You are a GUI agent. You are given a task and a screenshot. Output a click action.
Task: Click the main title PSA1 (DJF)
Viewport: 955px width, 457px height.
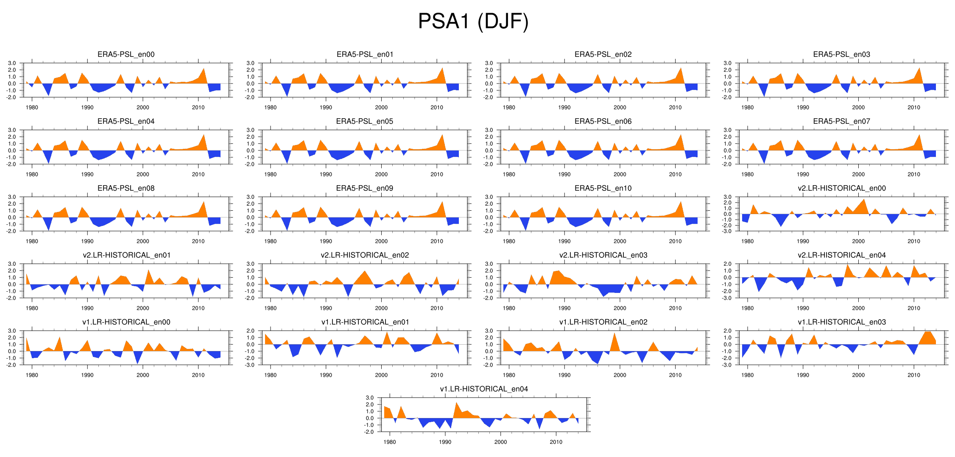[473, 21]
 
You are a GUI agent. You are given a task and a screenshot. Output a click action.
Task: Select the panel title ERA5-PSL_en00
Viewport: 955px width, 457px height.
[126, 54]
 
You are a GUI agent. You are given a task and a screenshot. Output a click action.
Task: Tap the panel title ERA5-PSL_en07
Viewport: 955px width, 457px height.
[841, 121]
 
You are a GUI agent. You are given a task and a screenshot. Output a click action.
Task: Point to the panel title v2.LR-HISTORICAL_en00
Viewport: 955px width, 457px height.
[841, 188]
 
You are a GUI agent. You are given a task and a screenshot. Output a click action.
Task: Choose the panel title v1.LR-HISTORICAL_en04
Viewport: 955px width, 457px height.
[484, 389]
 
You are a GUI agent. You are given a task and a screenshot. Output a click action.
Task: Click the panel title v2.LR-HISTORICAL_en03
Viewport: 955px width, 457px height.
[603, 255]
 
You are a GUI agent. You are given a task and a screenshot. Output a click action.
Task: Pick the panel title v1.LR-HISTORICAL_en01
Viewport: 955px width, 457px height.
[365, 322]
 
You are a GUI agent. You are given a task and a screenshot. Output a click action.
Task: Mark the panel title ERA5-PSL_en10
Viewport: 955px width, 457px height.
[603, 188]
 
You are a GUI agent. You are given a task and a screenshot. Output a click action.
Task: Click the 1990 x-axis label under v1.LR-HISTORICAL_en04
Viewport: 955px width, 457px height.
[445, 442]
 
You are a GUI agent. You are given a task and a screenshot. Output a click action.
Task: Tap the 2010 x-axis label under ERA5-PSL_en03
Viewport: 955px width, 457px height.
[913, 107]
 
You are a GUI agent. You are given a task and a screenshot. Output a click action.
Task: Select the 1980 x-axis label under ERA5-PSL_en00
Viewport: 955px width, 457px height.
[32, 107]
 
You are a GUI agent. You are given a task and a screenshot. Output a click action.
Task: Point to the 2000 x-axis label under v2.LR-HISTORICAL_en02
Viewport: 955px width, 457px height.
[381, 308]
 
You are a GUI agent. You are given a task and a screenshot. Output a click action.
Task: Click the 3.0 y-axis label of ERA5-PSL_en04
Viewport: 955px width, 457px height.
[12, 130]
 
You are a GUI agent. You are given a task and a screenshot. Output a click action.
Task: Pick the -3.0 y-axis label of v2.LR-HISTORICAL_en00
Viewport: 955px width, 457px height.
[727, 231]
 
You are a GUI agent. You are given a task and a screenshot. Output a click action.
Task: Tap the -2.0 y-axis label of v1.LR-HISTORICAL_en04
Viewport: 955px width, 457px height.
[369, 432]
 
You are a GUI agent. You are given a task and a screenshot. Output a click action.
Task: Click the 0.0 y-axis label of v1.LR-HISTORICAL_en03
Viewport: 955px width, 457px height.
[728, 344]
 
